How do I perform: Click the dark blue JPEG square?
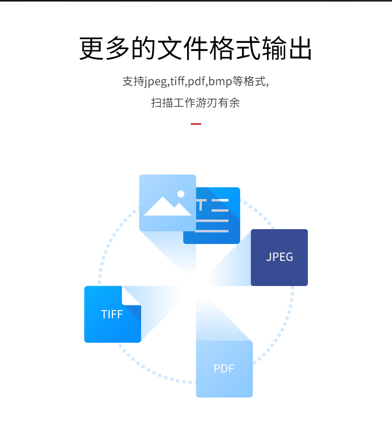pyautogui.click(x=279, y=258)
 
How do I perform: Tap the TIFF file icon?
pyautogui.click(x=112, y=314)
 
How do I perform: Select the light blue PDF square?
pyautogui.click(x=224, y=369)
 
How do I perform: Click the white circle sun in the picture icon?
pyautogui.click(x=181, y=194)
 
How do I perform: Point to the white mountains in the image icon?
pyautogui.click(x=168, y=206)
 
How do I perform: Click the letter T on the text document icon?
pyautogui.click(x=201, y=205)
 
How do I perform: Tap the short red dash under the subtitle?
pyautogui.click(x=196, y=124)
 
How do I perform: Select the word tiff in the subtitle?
pyautogui.click(x=177, y=81)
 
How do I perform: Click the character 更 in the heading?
pyautogui.click(x=91, y=48)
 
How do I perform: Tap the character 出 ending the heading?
pyautogui.click(x=301, y=48)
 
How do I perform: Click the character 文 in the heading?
pyautogui.click(x=170, y=48)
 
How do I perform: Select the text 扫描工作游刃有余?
pyautogui.click(x=195, y=103)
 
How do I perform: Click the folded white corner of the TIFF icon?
pyautogui.click(x=131, y=296)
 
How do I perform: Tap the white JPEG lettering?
pyautogui.click(x=280, y=257)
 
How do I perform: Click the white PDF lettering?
pyautogui.click(x=224, y=368)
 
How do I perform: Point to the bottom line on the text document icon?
pyautogui.click(x=212, y=231)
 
